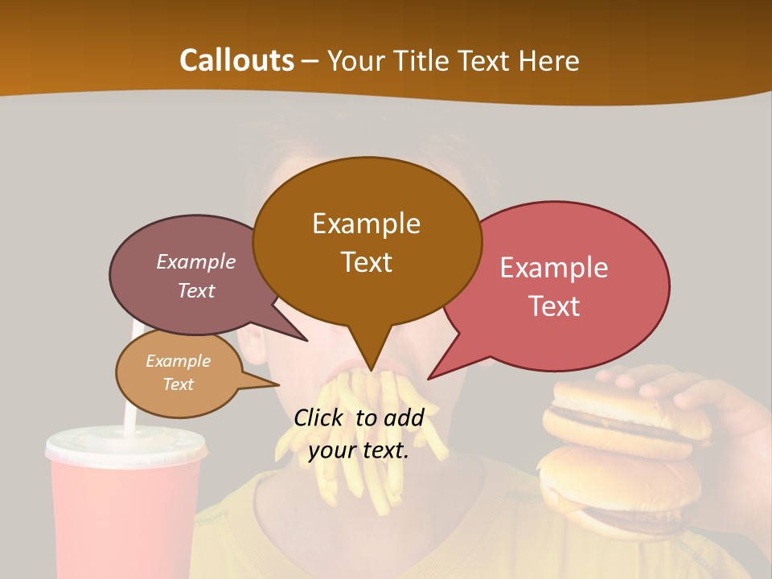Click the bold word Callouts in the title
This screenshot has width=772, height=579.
[x=236, y=60]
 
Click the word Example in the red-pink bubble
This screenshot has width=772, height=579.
[x=554, y=268]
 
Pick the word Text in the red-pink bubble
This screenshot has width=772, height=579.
[x=554, y=306]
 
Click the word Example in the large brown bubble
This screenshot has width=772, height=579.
[x=366, y=224]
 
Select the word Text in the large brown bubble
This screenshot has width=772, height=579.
[x=367, y=262]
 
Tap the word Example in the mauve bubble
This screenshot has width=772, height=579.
[x=196, y=262]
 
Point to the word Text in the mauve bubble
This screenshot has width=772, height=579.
[x=196, y=290]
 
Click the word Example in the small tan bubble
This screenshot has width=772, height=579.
[x=178, y=361]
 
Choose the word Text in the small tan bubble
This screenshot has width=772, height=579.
[x=178, y=384]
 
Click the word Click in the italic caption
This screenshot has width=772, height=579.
[x=320, y=417]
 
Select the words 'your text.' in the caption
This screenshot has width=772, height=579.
[x=359, y=451]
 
